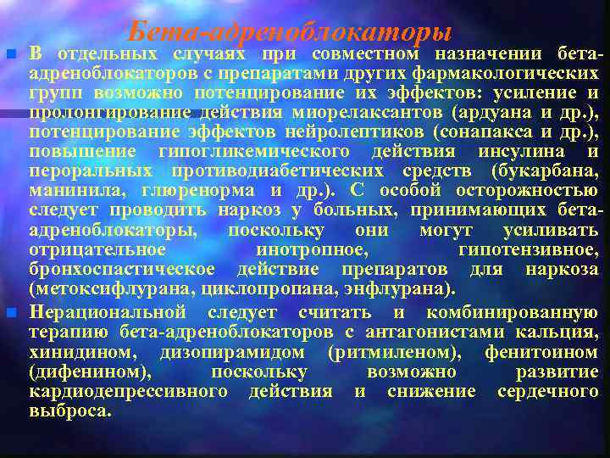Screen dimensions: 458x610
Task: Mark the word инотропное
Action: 312,249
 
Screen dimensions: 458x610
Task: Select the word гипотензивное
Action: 526,249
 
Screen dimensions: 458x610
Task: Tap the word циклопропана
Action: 252,288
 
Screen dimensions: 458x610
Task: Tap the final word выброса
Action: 69,411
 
